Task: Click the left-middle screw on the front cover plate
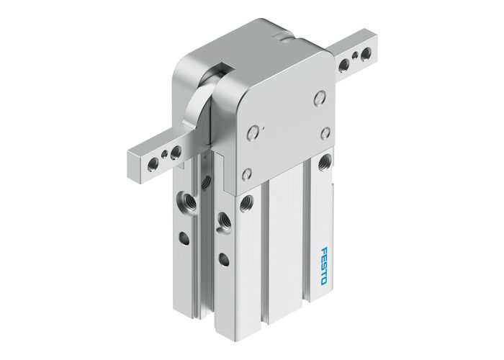click(x=251, y=132)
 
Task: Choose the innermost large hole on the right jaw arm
click(x=344, y=65)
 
